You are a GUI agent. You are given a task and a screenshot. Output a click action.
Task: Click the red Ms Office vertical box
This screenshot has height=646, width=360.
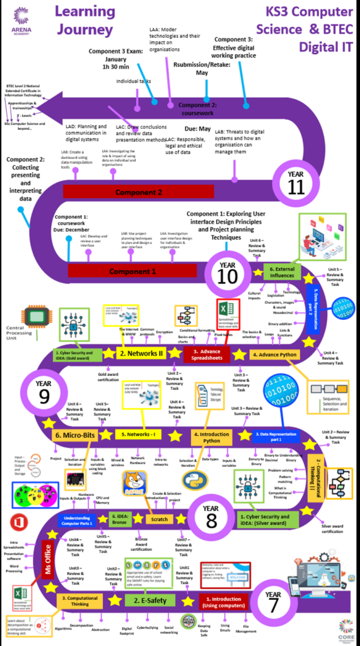[x=47, y=555]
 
